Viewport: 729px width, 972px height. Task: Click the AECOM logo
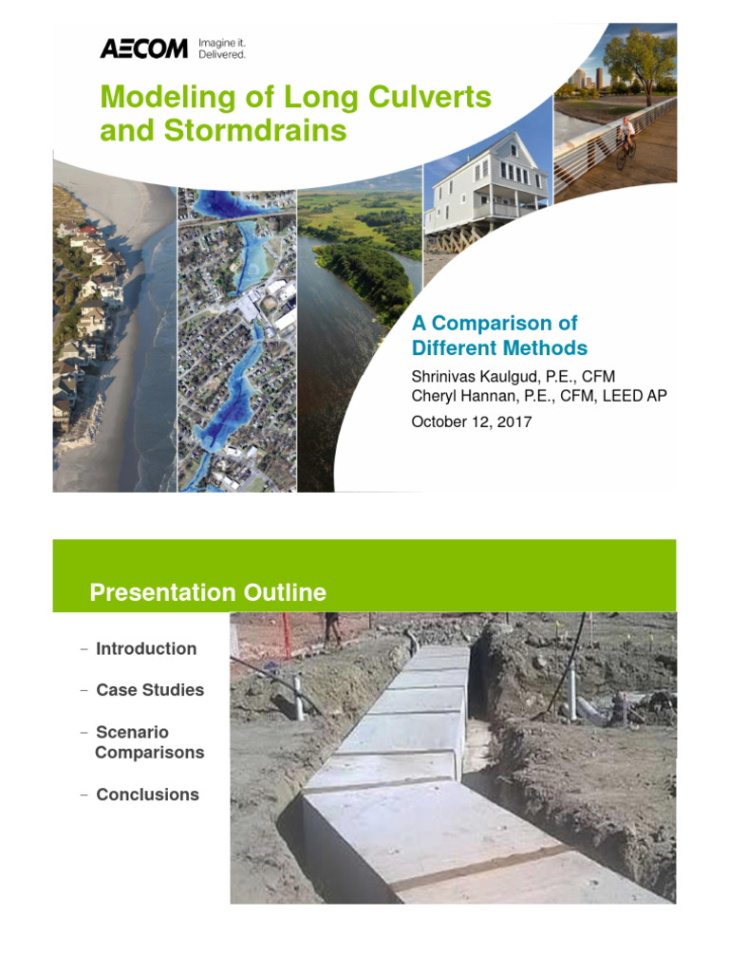(x=143, y=48)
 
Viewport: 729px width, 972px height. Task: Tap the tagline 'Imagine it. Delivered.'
(x=221, y=48)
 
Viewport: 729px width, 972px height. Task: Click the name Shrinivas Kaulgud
(x=473, y=376)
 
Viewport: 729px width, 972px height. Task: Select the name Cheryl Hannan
(x=461, y=395)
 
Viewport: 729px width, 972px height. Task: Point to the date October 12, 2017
(x=471, y=421)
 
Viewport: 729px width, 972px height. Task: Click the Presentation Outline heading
(x=208, y=593)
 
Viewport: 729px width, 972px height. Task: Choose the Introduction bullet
(x=146, y=648)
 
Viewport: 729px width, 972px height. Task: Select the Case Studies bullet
(x=150, y=690)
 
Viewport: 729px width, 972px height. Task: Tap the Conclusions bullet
(x=147, y=794)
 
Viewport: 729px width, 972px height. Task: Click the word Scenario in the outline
(x=132, y=732)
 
